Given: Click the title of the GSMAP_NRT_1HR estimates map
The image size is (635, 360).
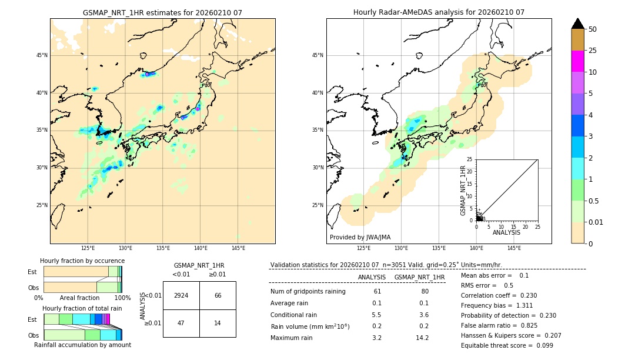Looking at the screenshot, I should [x=162, y=12].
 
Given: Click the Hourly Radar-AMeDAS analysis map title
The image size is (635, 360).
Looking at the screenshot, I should [x=439, y=12].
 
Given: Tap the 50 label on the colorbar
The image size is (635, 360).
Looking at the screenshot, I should [x=593, y=29].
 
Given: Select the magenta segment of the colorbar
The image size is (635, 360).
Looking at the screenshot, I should [x=577, y=61].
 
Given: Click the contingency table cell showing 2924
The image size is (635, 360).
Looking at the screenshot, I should [x=181, y=295].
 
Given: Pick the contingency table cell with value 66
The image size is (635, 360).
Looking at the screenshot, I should [x=218, y=295].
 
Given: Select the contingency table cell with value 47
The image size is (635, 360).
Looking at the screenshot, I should [x=181, y=324].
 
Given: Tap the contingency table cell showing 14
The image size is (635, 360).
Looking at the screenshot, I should [x=218, y=324].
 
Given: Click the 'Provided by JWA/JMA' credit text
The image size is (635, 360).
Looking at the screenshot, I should [x=360, y=238].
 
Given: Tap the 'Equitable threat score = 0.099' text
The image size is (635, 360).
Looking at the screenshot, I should [x=507, y=345].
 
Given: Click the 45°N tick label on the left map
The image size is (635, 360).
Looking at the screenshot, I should [x=42, y=55].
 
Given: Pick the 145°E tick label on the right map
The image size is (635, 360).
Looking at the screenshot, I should [x=514, y=248].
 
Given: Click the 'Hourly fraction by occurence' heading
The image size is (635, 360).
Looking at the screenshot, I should [x=82, y=261].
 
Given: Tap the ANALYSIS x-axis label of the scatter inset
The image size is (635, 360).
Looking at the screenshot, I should [x=506, y=232].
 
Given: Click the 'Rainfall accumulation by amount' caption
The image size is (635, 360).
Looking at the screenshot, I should [x=82, y=345].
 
